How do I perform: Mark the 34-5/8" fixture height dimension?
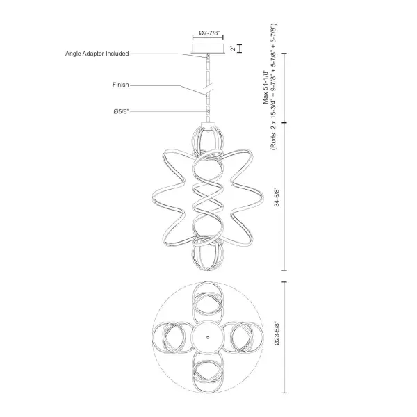tap(277, 196)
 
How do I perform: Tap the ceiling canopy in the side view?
tap(207, 49)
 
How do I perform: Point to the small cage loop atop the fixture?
tap(207, 139)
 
